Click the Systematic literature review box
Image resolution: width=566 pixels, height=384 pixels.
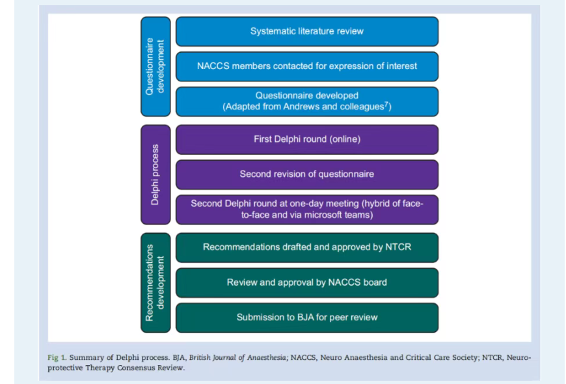point(306,31)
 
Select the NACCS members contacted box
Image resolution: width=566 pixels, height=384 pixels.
point(306,66)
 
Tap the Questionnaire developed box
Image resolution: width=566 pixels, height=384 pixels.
point(306,101)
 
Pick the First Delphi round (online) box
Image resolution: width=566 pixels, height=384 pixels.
point(306,139)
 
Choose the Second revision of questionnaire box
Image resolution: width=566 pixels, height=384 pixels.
point(306,174)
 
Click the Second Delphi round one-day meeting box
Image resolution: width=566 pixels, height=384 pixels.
point(306,210)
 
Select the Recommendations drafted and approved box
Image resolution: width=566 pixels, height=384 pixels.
point(306,247)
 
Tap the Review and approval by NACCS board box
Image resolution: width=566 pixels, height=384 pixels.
point(306,282)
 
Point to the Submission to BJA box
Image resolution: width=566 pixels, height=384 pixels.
point(306,318)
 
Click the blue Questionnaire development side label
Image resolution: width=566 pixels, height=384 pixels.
point(155,66)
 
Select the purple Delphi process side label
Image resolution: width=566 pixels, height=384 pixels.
point(155,174)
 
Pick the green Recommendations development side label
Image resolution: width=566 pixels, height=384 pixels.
point(155,282)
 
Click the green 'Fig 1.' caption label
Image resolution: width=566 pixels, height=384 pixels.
point(57,358)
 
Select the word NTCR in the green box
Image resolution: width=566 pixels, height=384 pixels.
point(398,247)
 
